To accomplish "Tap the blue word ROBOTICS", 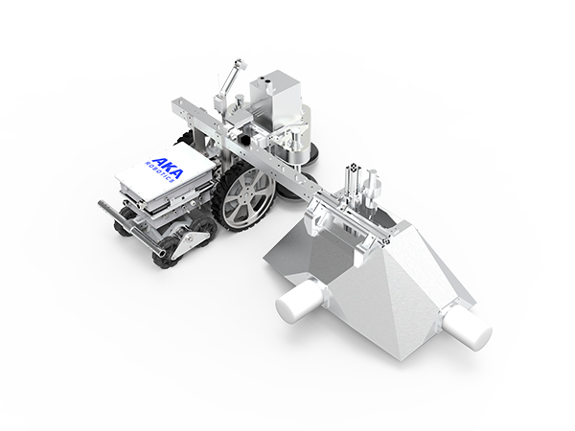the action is (x=160, y=171).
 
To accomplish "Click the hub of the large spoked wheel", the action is (x=243, y=198).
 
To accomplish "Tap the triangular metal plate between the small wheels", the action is (x=185, y=242).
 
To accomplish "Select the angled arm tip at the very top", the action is (x=241, y=62).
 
